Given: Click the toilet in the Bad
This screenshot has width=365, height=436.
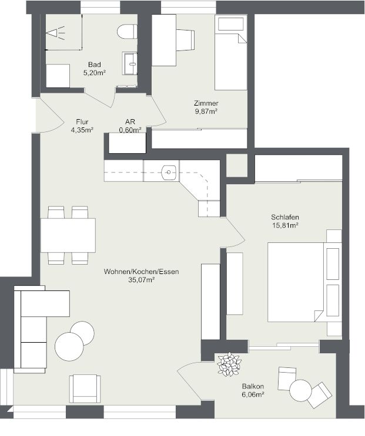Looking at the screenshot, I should coord(126,31).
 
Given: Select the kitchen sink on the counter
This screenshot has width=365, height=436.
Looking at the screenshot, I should coord(169,172).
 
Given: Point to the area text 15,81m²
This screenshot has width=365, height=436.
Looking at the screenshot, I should coord(284,225).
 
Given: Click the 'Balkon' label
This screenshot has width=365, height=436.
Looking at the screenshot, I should coord(253,387).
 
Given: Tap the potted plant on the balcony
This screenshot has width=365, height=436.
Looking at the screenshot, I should coord(228,364).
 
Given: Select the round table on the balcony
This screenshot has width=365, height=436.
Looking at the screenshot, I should coord(300,390).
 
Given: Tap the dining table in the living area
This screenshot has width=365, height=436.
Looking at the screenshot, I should coord(68,235).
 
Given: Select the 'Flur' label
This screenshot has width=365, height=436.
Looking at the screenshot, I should coord(82,122).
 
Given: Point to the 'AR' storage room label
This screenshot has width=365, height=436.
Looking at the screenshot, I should coord(130,122).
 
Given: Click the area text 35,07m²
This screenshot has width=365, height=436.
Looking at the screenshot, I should coord(141,280).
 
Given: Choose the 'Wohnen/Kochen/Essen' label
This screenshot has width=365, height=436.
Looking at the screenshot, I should coord(141,272).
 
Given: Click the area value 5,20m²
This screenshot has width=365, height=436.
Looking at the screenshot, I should coord(94,73).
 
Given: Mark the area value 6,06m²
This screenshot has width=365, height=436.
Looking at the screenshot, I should coord(253,396).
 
